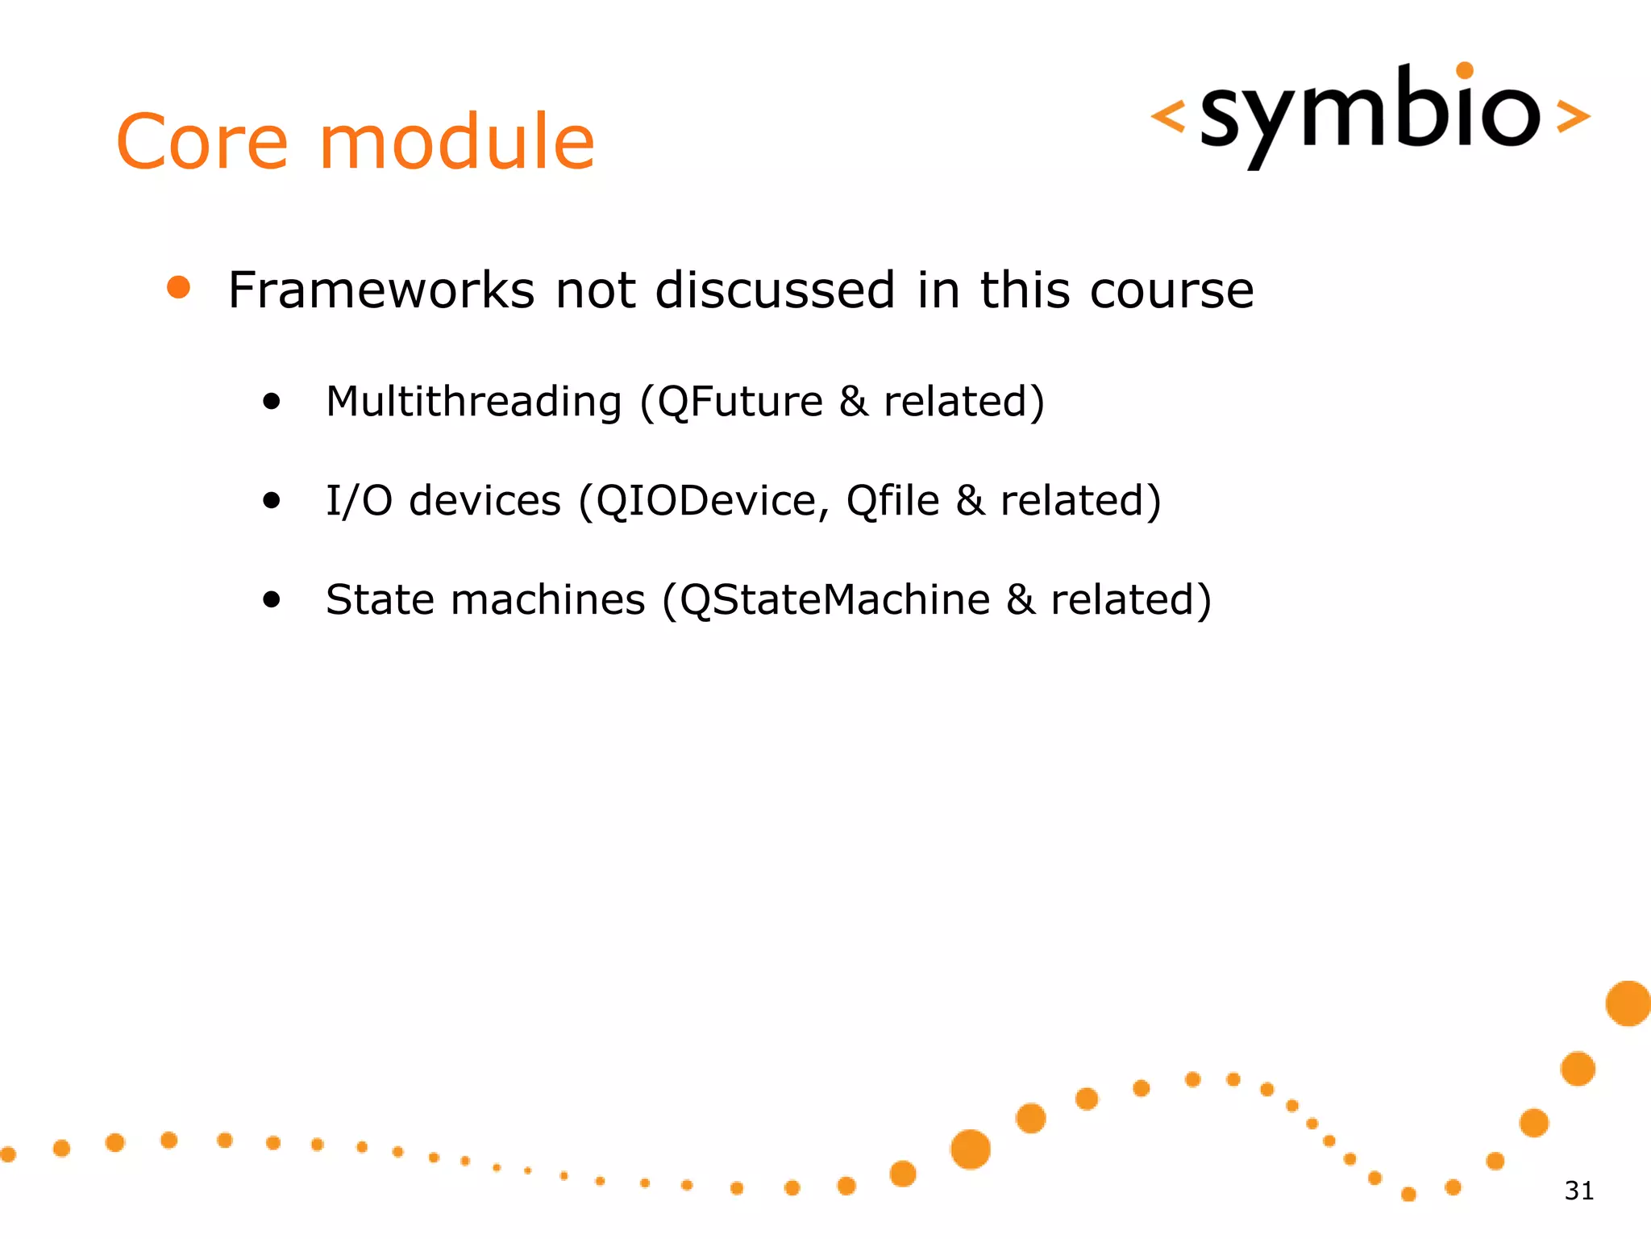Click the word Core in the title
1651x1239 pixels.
tap(202, 143)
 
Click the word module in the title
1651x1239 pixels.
tap(457, 143)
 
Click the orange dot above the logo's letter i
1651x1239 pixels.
tap(1465, 70)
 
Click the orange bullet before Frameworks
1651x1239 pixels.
tap(178, 287)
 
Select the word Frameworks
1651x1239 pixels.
tap(381, 290)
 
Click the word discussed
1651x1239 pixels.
tap(775, 290)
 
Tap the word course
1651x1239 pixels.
tap(1171, 290)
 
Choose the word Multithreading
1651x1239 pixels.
tap(473, 401)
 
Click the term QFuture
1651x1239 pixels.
tap(740, 401)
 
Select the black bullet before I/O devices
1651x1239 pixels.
tap(272, 500)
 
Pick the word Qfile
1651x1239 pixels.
tap(892, 501)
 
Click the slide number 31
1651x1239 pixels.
tap(1578, 1191)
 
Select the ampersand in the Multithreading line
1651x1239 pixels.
tap(854, 401)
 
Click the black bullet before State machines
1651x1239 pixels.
tap(272, 599)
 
